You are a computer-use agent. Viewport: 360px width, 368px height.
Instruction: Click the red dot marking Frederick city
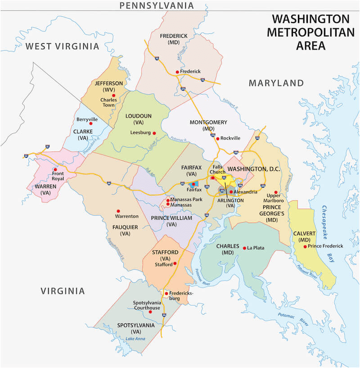[177, 72]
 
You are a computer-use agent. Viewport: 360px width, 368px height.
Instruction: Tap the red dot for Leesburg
[154, 133]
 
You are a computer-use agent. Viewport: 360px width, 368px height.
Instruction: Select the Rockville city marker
[217, 138]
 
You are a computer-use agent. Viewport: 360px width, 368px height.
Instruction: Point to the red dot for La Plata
[244, 248]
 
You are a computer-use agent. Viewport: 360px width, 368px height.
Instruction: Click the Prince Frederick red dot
[305, 246]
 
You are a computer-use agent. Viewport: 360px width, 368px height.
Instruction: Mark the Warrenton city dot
[118, 211]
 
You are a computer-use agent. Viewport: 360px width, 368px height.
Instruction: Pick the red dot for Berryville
[90, 123]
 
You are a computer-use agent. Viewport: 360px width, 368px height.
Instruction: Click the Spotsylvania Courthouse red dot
[150, 312]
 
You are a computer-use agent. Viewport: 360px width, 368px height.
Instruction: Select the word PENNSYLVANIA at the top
[156, 5]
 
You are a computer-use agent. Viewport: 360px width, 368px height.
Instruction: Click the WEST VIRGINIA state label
[62, 46]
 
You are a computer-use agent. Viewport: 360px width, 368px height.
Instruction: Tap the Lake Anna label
[136, 338]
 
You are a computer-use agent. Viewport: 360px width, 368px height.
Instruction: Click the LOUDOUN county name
[139, 116]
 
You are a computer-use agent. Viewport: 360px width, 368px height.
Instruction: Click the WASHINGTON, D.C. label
[250, 169]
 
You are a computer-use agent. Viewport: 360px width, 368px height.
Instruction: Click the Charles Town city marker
[114, 95]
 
